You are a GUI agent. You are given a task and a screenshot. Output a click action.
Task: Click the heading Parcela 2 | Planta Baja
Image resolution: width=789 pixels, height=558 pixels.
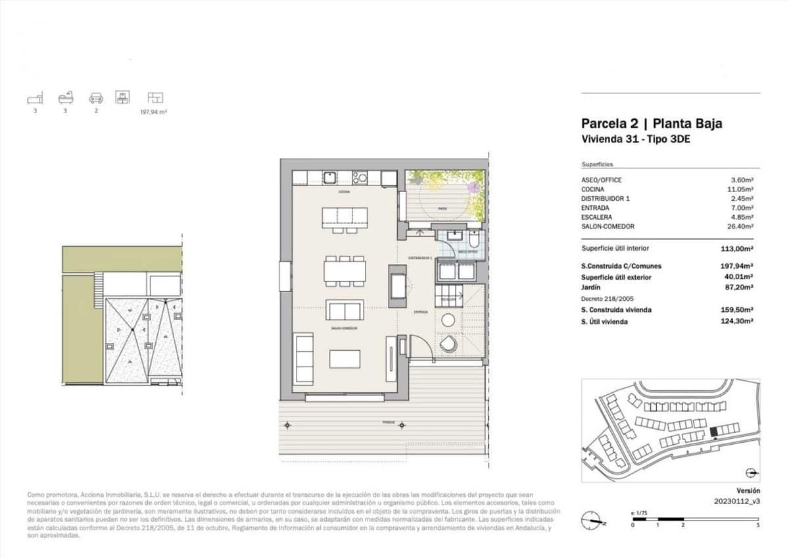pos(652,124)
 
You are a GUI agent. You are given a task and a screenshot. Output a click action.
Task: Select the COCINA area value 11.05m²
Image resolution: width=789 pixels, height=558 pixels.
pos(740,189)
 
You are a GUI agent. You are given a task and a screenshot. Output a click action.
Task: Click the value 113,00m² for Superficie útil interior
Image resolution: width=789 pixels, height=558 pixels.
pos(736,249)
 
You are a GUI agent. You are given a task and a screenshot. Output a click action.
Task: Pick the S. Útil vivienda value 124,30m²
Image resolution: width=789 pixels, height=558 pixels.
pos(736,321)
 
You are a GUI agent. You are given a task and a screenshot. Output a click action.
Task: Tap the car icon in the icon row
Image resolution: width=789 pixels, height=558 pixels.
pos(96,98)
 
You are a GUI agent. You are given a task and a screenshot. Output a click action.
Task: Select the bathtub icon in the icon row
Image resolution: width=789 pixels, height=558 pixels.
pos(66,98)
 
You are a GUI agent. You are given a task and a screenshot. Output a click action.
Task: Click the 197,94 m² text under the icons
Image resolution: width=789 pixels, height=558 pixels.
pos(154,113)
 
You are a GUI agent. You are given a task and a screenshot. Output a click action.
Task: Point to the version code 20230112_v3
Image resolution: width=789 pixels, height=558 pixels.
pos(736,501)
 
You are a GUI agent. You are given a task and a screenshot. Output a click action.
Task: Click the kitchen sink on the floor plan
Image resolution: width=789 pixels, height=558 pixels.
pos(329,177)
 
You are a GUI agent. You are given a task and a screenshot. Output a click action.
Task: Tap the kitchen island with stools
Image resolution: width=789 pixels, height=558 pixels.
pos(345,217)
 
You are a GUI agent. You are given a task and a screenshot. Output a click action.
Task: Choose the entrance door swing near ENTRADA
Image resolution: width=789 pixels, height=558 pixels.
pos(419,345)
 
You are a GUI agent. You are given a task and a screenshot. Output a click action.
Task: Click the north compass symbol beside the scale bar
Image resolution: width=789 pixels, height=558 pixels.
pos(594,519)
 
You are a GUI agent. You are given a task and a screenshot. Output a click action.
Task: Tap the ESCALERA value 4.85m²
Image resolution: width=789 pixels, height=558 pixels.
pos(740,216)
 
